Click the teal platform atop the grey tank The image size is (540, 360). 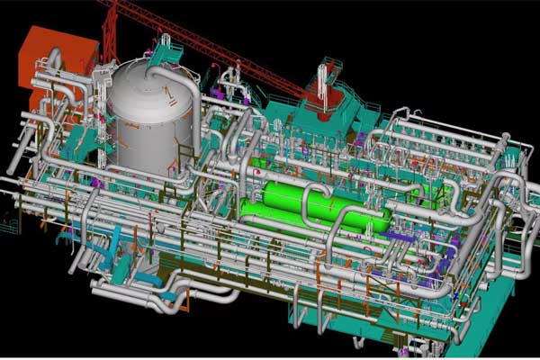coord(166,54)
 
